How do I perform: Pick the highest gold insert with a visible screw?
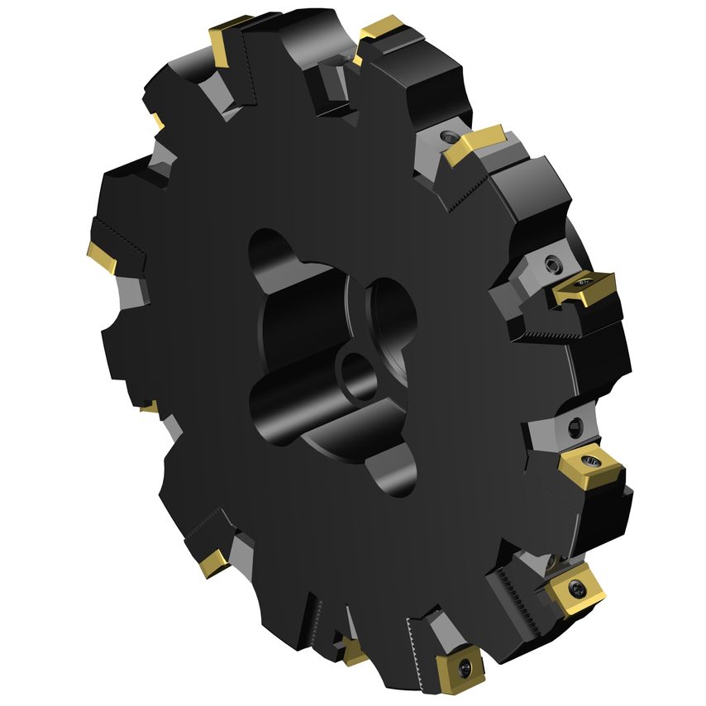coord(584,286)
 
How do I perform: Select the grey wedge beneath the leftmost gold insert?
coord(132,289)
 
